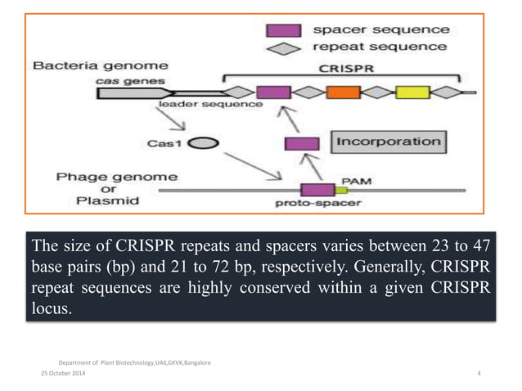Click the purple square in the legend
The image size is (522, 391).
280,30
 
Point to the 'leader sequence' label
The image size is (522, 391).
222,106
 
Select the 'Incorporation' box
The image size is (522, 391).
388,142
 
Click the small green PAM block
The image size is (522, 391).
331,190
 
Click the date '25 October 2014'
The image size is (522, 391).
59,373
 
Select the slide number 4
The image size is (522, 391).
479,373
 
